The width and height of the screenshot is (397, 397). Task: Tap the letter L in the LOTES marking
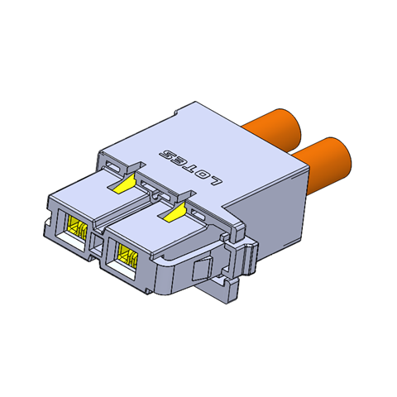[216, 179]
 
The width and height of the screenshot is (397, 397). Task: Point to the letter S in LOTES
[167, 155]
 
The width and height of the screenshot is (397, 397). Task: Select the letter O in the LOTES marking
[204, 174]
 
